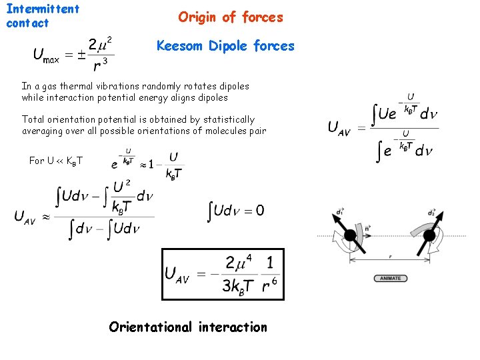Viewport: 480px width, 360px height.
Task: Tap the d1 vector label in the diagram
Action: point(341,212)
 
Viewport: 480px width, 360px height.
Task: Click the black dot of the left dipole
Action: point(349,236)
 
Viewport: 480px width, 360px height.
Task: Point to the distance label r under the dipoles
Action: point(390,255)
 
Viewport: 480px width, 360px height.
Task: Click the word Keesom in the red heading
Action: point(181,46)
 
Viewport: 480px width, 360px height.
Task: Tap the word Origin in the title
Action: point(199,17)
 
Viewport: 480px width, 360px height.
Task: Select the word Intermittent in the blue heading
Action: point(43,9)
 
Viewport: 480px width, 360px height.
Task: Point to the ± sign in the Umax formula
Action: point(82,54)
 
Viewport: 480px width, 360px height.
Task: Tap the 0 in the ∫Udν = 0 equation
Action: point(259,211)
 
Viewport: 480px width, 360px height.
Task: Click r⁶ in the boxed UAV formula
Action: point(270,285)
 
